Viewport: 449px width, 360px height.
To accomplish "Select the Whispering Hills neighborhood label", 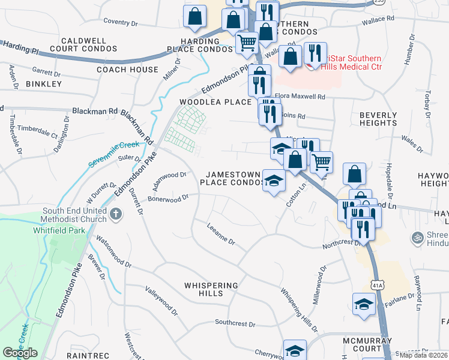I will tap(211, 289).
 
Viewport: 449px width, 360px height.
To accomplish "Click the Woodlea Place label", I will tap(215, 102).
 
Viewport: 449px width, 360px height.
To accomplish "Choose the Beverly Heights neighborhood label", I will tap(378, 119).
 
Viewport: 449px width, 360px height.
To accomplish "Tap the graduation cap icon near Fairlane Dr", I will tap(363, 304).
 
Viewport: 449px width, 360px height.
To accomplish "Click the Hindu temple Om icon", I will tap(417, 238).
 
